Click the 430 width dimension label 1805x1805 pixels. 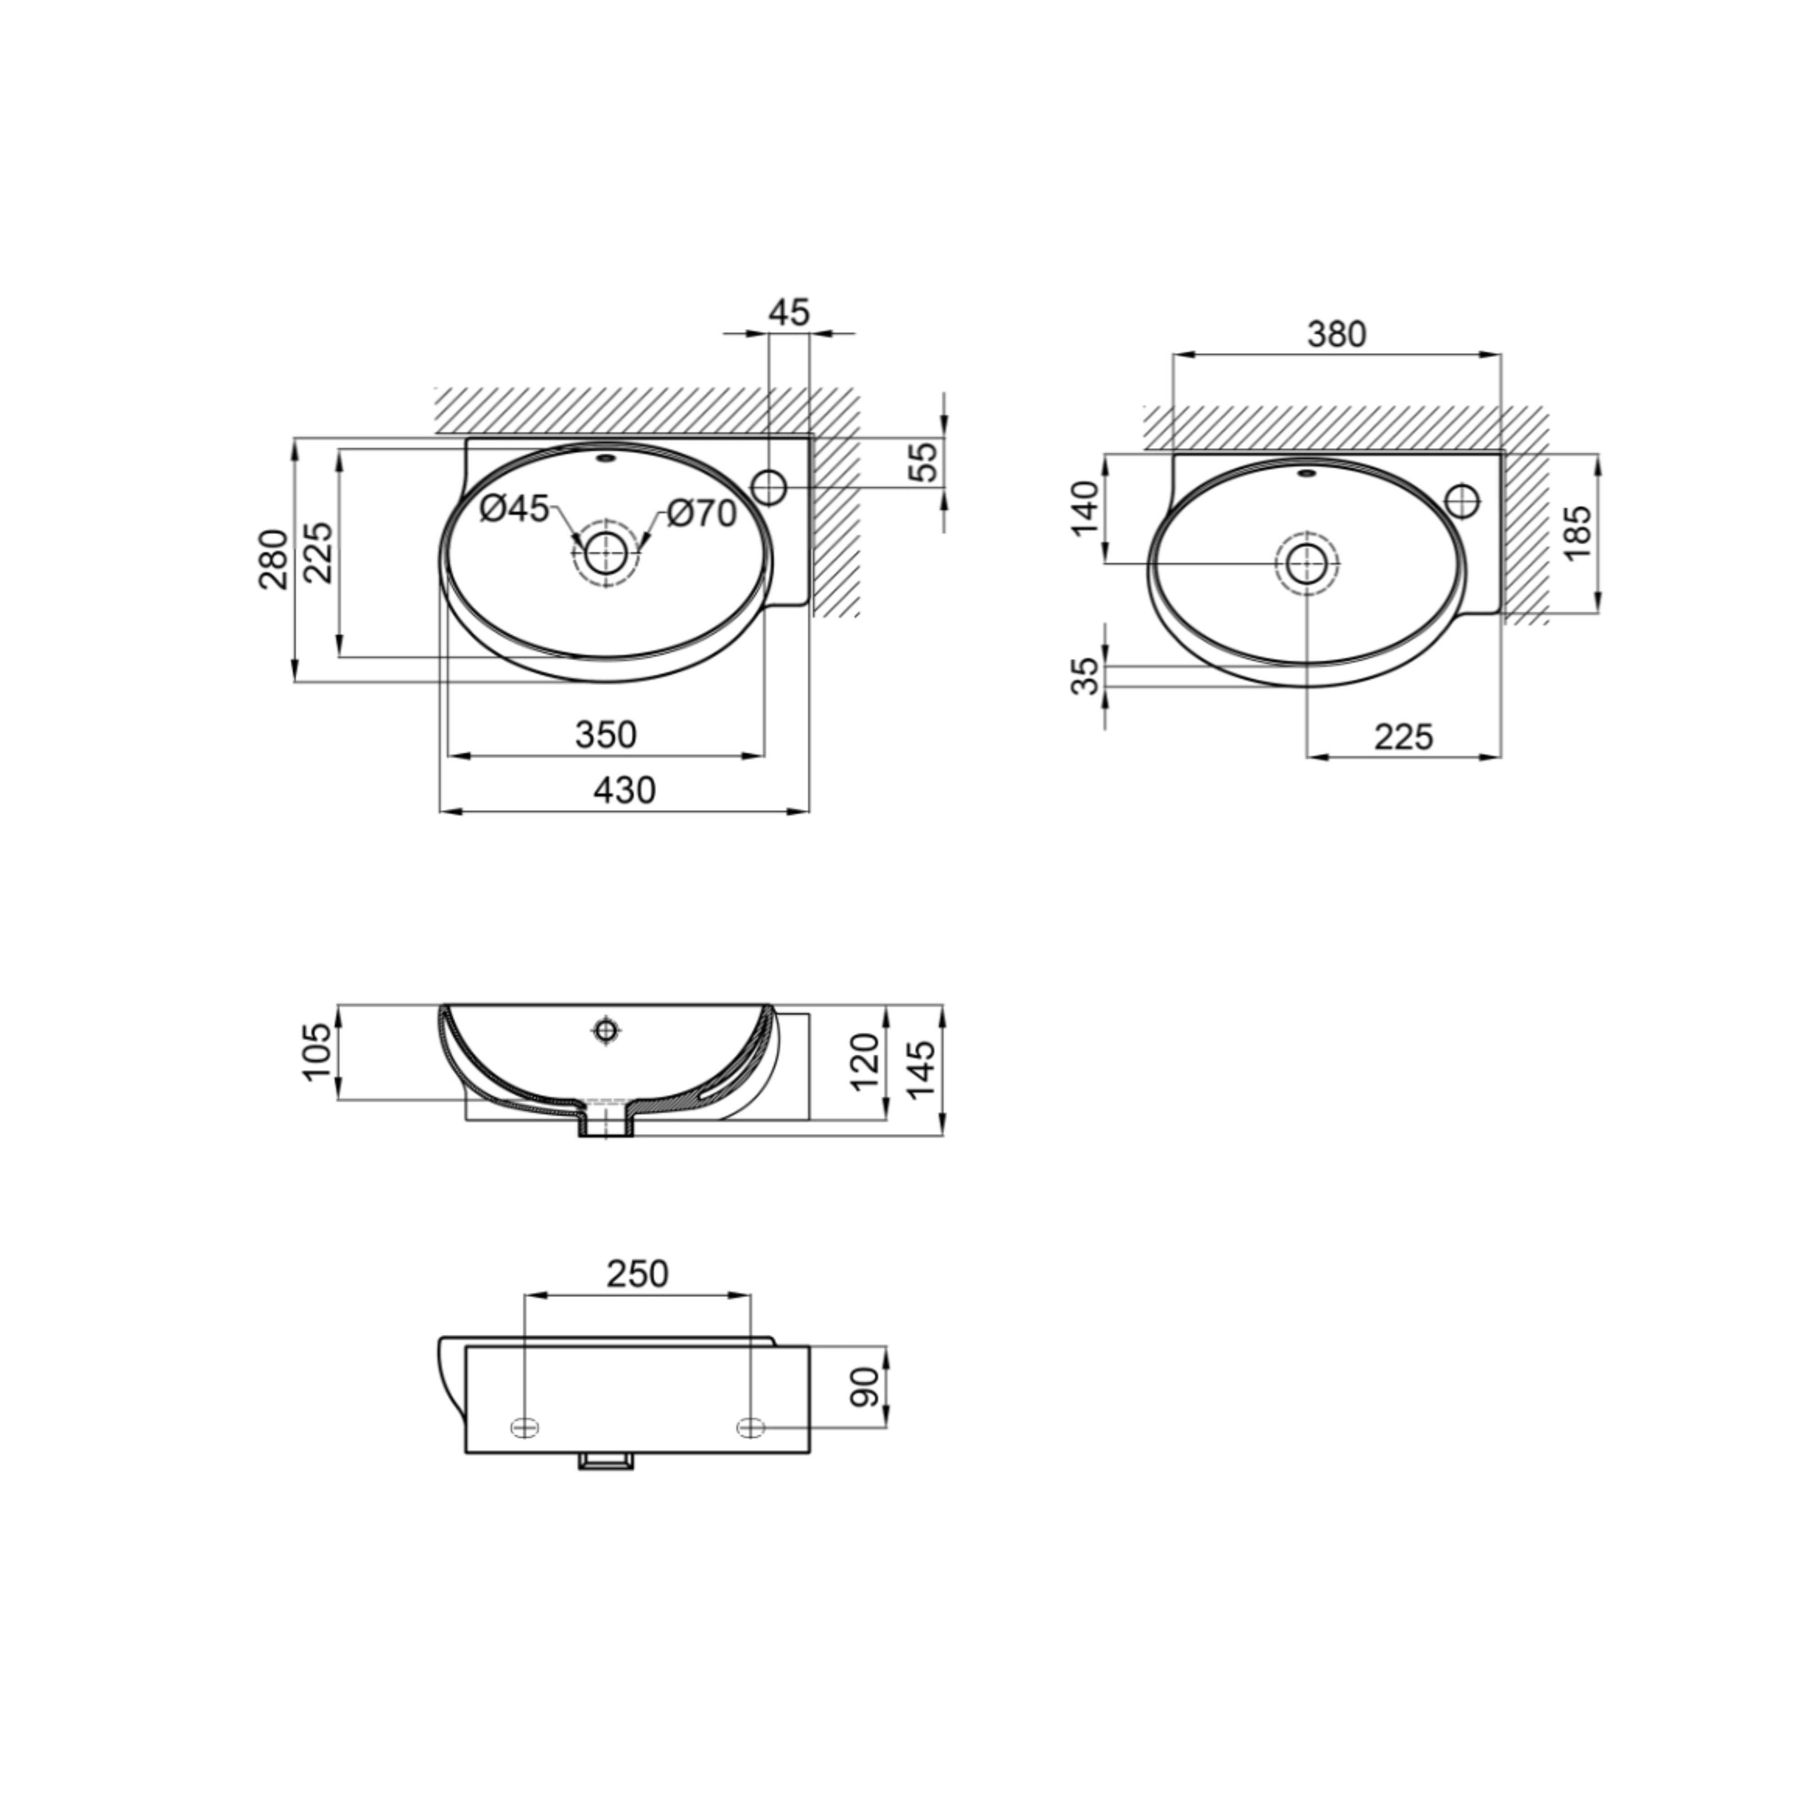point(624,791)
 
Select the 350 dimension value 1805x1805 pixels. point(606,735)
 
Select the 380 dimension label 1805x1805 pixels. point(1336,333)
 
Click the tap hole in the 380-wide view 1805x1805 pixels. point(1462,500)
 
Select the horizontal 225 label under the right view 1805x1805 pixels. point(1403,737)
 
